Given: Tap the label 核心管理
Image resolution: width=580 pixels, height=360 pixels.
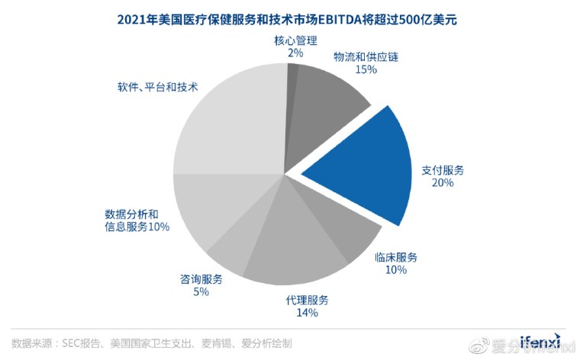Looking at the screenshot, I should [295, 40].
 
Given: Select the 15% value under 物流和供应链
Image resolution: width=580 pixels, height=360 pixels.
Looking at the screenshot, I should [366, 69].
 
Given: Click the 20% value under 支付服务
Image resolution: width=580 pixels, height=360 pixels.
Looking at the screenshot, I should [443, 183].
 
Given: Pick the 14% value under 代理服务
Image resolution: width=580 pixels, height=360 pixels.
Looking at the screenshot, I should [307, 312].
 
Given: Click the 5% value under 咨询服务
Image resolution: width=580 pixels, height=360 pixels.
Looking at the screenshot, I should [201, 292].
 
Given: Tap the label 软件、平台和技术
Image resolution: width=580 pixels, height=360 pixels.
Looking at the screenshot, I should [153, 87].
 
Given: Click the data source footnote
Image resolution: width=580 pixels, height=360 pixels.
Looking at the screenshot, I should [152, 343].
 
